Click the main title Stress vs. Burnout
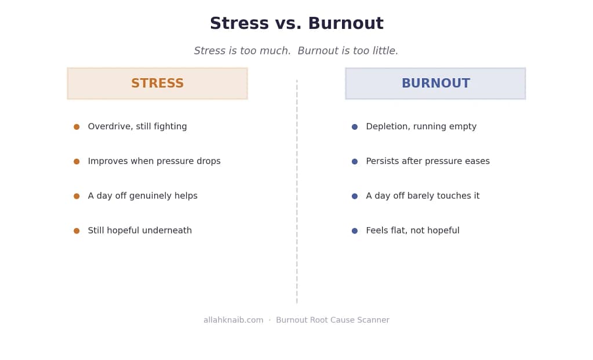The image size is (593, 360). [x=297, y=23]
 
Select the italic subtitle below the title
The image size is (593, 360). [x=296, y=50]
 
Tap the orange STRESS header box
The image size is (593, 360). [x=157, y=83]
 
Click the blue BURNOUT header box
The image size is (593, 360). [x=435, y=83]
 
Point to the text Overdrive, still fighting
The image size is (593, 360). [x=137, y=127]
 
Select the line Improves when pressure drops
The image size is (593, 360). [x=154, y=161]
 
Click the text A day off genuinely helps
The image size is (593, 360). [x=143, y=196]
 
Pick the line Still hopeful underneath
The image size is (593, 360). [x=140, y=230]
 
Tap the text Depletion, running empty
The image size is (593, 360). [x=421, y=127]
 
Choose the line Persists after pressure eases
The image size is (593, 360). [x=428, y=161]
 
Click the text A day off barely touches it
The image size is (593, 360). [x=423, y=196]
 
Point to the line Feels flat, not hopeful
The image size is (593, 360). [x=413, y=230]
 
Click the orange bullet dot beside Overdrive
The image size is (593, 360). [x=77, y=127]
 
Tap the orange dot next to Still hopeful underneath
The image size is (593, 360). [x=77, y=231]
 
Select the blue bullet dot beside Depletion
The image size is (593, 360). [x=354, y=127]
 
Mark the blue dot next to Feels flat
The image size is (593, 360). [x=354, y=231]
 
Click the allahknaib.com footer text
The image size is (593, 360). [x=234, y=320]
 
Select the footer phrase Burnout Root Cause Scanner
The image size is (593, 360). [x=332, y=320]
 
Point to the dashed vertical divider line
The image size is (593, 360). [x=297, y=191]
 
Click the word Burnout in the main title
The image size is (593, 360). [x=345, y=23]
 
